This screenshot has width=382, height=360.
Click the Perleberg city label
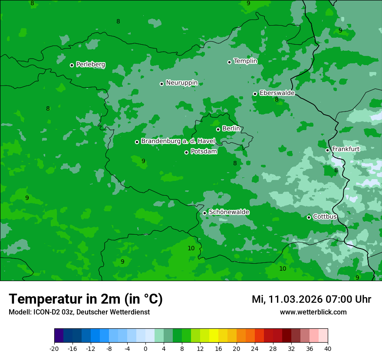(x=90, y=65)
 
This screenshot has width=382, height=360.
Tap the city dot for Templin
(x=229, y=62)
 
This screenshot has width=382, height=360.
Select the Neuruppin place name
(x=181, y=83)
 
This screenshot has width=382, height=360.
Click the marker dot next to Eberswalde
(x=255, y=94)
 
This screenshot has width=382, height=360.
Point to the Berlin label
(x=231, y=129)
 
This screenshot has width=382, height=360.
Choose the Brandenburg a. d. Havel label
(x=178, y=141)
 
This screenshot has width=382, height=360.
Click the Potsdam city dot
(x=186, y=152)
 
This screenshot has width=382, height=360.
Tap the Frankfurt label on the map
(x=346, y=149)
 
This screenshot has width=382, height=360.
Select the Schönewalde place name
(x=229, y=212)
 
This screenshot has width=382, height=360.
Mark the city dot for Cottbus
(x=309, y=217)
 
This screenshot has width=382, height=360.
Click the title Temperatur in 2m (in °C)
(x=86, y=299)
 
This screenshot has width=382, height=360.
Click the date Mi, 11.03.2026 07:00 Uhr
(x=311, y=299)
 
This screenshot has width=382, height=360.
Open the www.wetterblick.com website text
(x=313, y=312)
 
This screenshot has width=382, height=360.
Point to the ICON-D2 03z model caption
(x=79, y=312)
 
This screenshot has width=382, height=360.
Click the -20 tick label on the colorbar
(x=54, y=349)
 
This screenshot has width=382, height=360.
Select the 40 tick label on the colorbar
(x=328, y=349)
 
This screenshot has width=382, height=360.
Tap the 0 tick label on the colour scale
(x=145, y=349)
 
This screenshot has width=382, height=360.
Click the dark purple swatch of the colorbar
(x=59, y=336)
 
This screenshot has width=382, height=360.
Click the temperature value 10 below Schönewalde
(x=191, y=248)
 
